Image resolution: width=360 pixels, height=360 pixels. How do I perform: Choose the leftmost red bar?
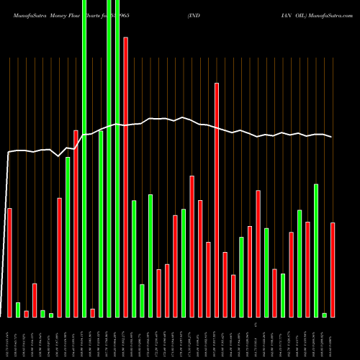pyautogui.click(x=9, y=262)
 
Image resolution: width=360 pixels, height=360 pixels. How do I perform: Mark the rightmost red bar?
pyautogui.click(x=333, y=269)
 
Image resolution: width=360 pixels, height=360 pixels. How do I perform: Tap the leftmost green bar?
pyautogui.click(x=18, y=310)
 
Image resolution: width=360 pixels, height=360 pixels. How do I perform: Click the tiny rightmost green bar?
pyautogui.click(x=324, y=315)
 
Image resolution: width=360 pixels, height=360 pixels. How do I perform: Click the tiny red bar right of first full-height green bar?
pyautogui.click(x=92, y=312)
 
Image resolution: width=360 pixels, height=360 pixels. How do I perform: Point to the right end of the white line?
pyautogui.click(x=332, y=137)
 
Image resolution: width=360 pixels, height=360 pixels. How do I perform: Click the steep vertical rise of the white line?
pyautogui.click(x=7, y=230)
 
